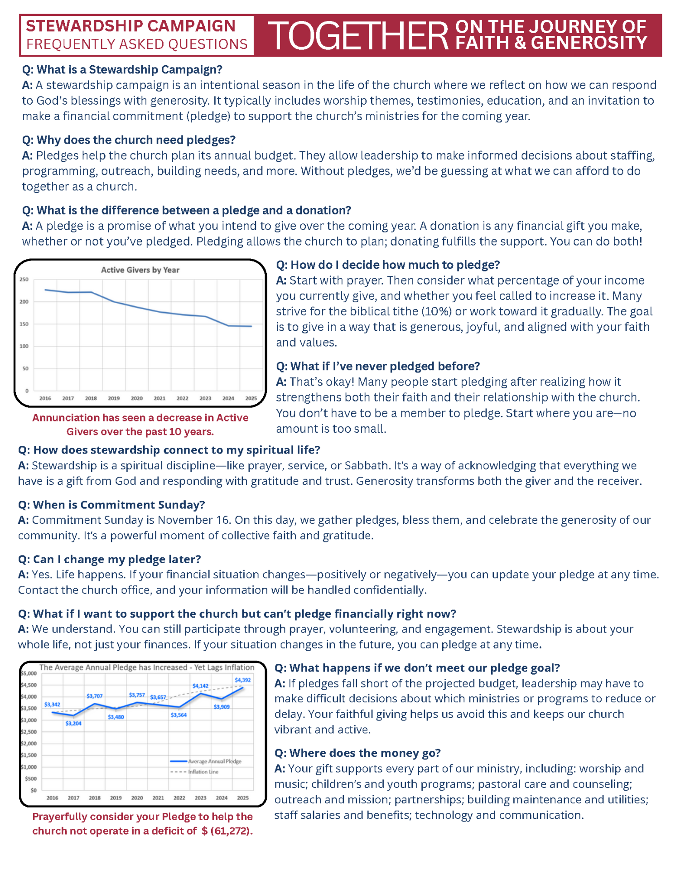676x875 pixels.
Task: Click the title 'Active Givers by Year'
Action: coord(140,270)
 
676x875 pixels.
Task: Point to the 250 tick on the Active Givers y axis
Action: coord(24,280)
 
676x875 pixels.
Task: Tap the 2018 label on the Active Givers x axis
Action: coord(91,399)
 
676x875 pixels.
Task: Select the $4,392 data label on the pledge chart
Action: coord(242,680)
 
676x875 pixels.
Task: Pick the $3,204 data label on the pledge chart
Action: coord(73,724)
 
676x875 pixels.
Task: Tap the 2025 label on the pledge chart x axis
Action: coord(243,798)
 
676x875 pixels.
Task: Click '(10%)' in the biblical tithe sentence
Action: coord(436,312)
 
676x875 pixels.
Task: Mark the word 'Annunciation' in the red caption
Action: coord(66,418)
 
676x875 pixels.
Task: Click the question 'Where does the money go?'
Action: coord(357,753)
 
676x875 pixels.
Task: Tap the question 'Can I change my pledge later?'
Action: coord(109,560)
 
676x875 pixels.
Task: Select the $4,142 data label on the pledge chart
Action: coord(200,686)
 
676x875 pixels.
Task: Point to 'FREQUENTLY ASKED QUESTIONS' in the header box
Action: coord(137,44)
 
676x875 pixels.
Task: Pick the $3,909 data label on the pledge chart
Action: coord(222,707)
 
